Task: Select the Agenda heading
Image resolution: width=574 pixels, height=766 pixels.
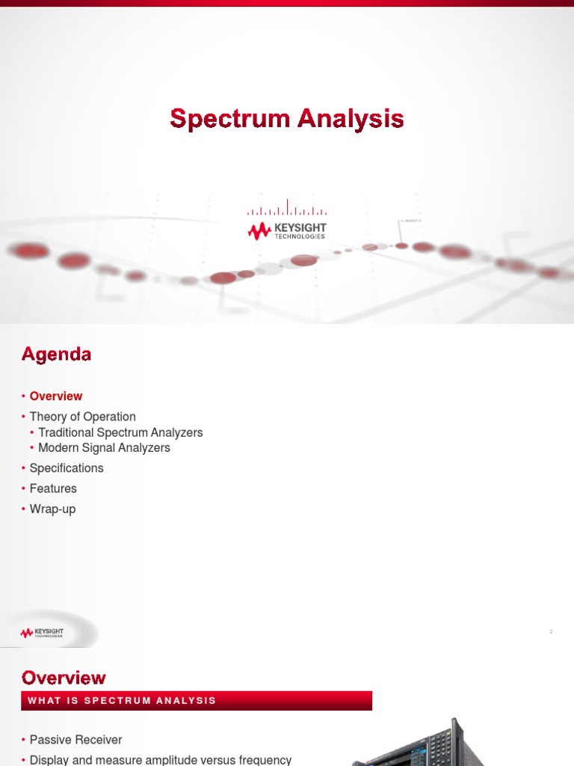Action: click(x=56, y=355)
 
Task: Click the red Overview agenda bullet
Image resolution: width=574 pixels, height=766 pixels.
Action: click(x=56, y=396)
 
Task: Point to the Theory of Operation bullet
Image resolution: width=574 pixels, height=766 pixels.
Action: click(x=82, y=417)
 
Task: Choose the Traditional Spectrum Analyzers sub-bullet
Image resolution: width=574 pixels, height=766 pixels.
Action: click(x=120, y=432)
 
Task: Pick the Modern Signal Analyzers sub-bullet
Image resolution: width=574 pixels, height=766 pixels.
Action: click(x=104, y=448)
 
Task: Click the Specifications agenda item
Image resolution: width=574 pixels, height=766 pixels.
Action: click(x=67, y=468)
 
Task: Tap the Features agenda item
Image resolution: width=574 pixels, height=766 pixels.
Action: click(x=53, y=488)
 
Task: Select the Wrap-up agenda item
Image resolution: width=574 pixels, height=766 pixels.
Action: click(x=52, y=509)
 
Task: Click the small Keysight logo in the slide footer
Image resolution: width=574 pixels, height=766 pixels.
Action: click(x=43, y=633)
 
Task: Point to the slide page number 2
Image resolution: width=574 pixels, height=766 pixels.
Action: click(x=551, y=632)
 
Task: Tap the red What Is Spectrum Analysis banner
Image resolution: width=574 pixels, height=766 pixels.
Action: click(x=196, y=701)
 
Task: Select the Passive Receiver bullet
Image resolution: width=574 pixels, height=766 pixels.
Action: click(x=75, y=740)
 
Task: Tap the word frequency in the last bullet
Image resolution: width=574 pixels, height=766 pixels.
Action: click(x=263, y=760)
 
